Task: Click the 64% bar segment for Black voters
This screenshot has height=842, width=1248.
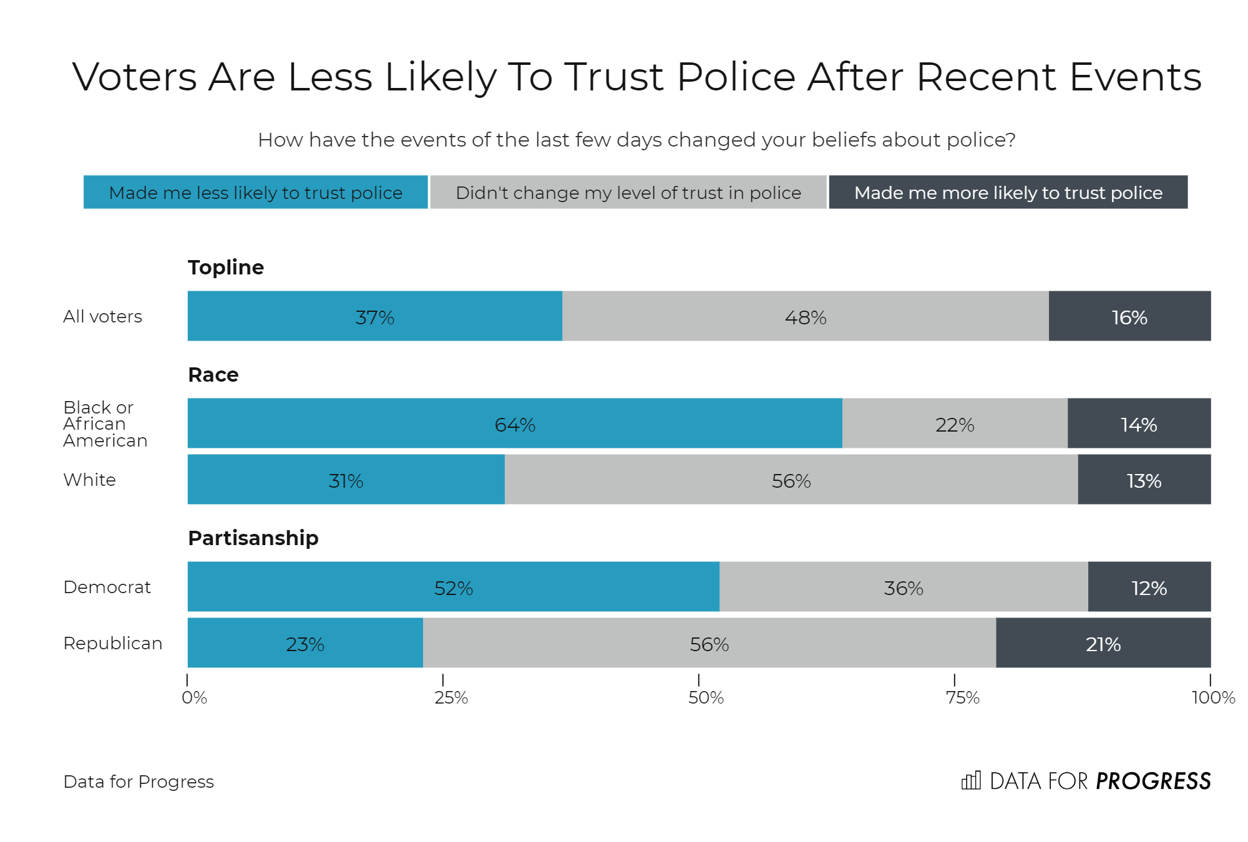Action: [515, 423]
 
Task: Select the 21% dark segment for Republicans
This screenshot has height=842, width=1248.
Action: [1103, 643]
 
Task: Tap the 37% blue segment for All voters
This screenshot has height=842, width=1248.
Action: [374, 316]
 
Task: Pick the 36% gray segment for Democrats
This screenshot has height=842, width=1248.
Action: [903, 587]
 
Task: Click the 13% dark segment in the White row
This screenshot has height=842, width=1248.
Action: [1144, 480]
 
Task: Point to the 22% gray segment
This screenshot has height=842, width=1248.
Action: [954, 423]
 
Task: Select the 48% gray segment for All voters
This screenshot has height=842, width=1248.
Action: [805, 316]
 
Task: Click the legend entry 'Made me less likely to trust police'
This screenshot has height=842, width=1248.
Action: [255, 193]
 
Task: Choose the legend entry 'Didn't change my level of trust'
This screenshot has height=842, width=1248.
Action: [628, 193]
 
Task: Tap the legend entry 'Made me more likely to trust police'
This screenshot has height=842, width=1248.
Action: [1008, 193]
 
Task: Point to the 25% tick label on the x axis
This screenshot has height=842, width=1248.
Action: [451, 697]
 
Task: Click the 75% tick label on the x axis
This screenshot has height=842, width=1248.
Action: [962, 697]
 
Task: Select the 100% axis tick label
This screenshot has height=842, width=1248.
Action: [1212, 697]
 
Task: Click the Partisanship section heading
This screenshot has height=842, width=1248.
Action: [253, 538]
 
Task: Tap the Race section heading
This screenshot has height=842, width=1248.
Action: [213, 374]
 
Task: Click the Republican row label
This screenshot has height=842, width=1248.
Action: [113, 643]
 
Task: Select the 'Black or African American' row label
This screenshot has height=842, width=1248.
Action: [105, 423]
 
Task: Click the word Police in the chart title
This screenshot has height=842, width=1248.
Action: [736, 77]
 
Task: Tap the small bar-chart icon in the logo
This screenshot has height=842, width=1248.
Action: [971, 780]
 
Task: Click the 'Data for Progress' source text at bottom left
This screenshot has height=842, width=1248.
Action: [139, 782]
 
